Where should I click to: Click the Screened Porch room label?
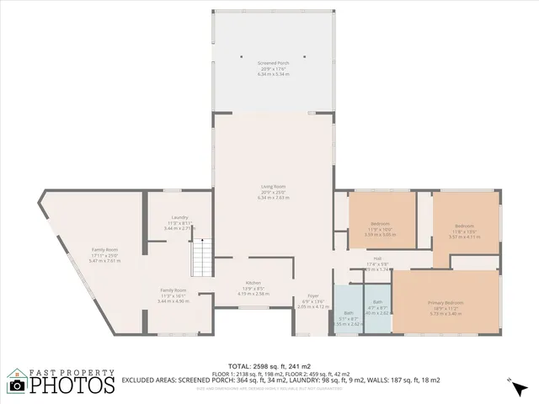click(273, 63)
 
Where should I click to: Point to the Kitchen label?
click(253, 283)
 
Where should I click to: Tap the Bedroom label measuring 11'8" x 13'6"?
click(464, 226)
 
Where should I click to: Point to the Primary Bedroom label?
click(446, 302)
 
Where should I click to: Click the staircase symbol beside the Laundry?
click(201, 252)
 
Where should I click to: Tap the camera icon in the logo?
click(17, 385)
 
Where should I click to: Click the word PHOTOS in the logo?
click(72, 385)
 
